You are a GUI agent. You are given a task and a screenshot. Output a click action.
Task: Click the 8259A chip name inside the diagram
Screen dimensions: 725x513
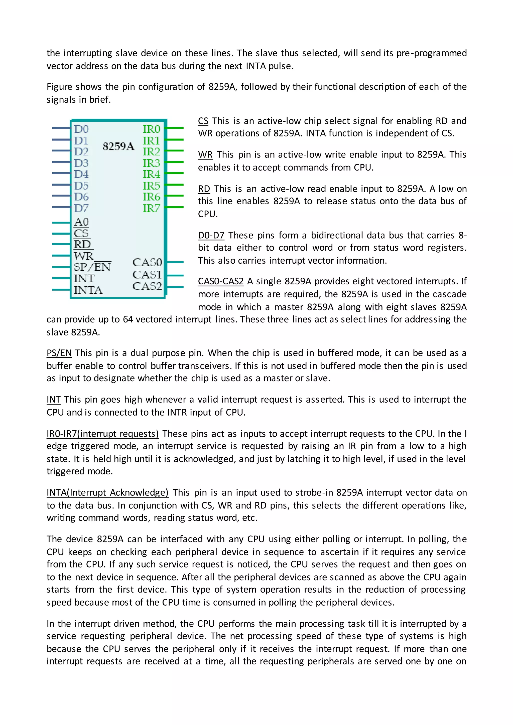(118, 146)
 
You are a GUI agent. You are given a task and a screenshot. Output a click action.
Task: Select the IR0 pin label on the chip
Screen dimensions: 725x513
(151, 129)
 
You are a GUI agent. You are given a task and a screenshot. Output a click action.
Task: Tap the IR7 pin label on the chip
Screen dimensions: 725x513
(151, 208)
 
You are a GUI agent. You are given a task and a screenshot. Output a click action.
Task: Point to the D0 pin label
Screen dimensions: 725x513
(81, 129)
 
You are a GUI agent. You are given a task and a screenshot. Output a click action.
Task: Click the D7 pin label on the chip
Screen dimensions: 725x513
(81, 208)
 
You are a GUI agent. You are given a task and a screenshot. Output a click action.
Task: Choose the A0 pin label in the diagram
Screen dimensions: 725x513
(81, 222)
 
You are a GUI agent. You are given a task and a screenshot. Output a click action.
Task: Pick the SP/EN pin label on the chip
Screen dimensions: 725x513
(92, 267)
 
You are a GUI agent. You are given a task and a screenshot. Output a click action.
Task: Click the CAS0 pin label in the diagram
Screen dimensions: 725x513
(147, 262)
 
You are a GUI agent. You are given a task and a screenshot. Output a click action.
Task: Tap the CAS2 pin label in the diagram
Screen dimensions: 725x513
(147, 286)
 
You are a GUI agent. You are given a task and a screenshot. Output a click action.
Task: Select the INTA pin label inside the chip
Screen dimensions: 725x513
(88, 290)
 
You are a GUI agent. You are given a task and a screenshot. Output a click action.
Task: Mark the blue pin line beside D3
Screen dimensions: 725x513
(61, 162)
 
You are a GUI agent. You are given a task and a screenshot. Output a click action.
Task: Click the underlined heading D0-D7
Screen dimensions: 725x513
(211, 235)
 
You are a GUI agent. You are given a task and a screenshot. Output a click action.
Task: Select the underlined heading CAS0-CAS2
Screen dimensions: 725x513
(220, 281)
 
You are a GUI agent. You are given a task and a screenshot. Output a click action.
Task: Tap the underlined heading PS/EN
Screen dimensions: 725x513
(59, 353)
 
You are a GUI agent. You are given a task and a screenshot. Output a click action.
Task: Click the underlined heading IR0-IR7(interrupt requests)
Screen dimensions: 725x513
(103, 434)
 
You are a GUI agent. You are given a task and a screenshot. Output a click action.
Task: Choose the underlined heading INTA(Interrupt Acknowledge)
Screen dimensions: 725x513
(107, 493)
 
